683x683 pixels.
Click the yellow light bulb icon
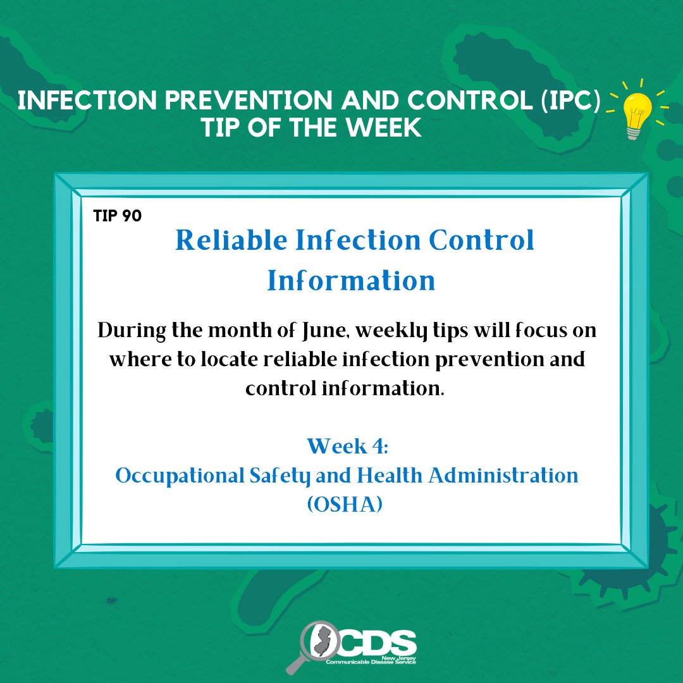(x=637, y=114)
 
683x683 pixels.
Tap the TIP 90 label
(x=118, y=216)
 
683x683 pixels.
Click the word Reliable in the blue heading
(x=231, y=240)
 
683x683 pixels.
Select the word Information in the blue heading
(x=351, y=280)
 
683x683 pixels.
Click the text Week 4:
(x=347, y=446)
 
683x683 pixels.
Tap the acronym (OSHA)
(x=345, y=505)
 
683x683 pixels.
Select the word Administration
(x=503, y=475)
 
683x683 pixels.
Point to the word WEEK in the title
(x=384, y=128)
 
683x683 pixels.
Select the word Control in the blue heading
(x=481, y=240)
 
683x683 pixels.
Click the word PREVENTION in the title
(x=249, y=100)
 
